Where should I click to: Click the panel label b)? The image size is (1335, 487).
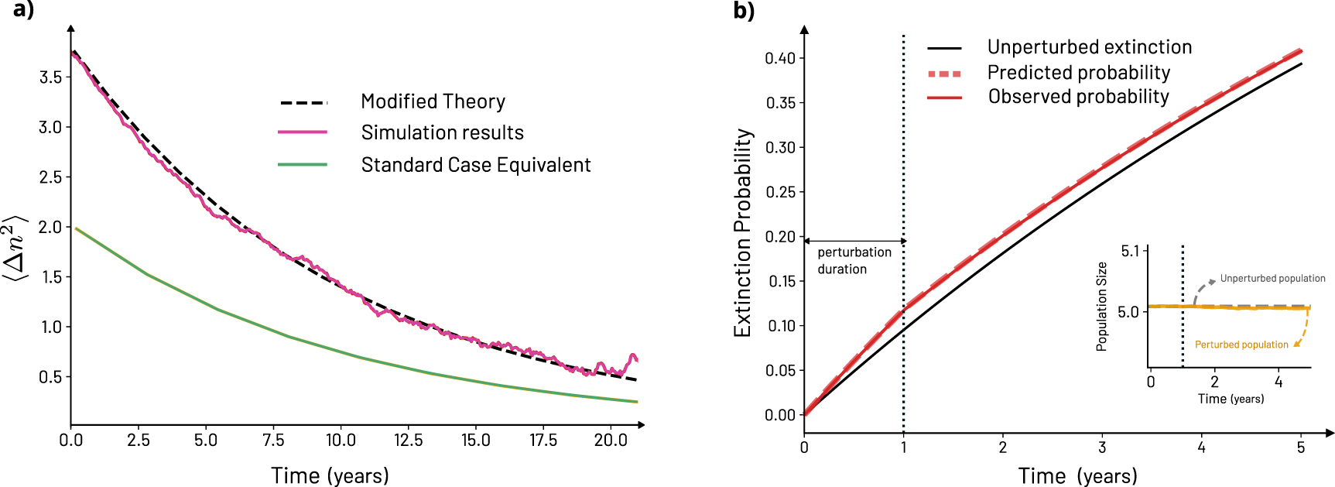(744, 10)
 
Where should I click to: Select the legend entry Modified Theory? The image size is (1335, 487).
(433, 101)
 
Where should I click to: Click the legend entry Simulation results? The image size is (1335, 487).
(442, 132)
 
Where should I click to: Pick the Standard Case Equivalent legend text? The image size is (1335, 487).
(475, 165)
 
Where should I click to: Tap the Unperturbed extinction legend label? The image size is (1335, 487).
(1089, 47)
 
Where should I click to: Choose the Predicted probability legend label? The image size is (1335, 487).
(1078, 73)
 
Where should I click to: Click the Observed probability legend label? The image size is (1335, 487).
(1078, 97)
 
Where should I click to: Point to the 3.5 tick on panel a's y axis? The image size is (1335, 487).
(50, 77)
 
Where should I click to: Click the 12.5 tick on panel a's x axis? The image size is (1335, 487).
(408, 440)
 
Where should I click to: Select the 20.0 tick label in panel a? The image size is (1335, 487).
(610, 440)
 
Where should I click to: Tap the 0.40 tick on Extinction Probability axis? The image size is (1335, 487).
(780, 58)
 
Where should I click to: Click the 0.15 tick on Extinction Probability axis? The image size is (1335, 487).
(780, 281)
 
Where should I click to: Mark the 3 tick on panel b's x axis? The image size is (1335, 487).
(1102, 448)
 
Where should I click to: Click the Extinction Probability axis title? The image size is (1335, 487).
(743, 232)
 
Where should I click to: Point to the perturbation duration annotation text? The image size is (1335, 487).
(854, 261)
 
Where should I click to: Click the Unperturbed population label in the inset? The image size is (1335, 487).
(1272, 279)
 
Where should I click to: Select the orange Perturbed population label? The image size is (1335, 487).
(1241, 345)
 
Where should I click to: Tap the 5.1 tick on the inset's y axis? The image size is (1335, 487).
(1130, 251)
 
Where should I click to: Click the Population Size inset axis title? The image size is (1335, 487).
(1102, 307)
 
